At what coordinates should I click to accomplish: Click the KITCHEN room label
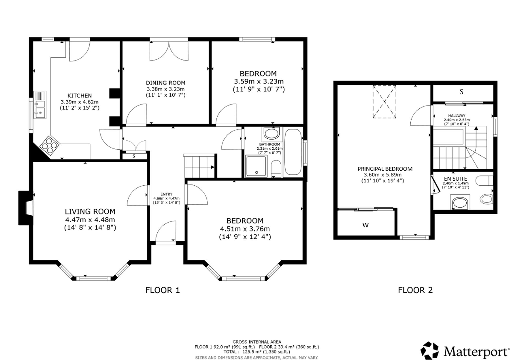79,96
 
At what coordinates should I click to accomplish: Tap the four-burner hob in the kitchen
50,145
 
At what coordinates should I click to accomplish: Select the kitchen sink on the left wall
40,104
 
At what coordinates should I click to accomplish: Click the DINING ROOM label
166,83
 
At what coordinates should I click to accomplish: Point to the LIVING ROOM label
90,211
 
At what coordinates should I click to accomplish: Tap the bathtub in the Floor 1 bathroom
293,153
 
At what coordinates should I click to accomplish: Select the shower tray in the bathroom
256,166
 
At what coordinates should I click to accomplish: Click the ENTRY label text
166,194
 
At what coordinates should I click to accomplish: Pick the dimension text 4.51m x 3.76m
245,229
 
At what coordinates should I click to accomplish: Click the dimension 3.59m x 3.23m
259,82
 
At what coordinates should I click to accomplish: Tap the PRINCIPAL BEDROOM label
385,169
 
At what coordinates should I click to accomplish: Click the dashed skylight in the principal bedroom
384,102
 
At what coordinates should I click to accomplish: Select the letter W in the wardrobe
365,225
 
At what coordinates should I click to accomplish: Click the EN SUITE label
456,179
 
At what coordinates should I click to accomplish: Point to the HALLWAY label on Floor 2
457,116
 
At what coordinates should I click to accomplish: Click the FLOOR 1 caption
163,290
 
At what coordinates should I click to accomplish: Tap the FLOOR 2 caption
415,290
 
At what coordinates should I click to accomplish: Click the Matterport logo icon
429,350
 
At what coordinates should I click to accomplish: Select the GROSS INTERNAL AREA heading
257,342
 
